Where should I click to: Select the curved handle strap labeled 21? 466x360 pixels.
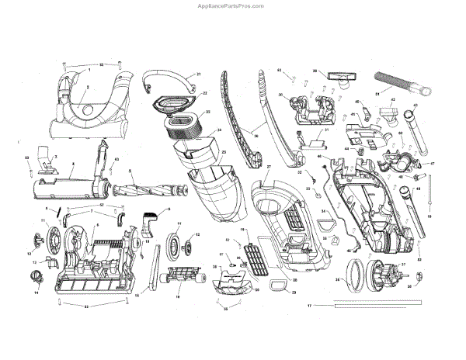click(169, 79)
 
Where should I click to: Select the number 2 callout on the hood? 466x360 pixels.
click(88, 88)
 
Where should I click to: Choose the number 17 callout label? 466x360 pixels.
click(310, 307)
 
